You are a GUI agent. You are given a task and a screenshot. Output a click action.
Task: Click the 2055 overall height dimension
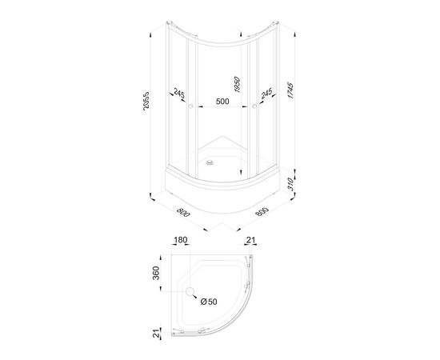[x=146, y=101]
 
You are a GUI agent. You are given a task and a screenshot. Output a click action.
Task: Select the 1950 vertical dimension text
[x=237, y=85]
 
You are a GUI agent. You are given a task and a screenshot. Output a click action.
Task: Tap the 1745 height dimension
[x=290, y=90]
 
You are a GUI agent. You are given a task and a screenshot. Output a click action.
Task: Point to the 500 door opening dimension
[x=222, y=102]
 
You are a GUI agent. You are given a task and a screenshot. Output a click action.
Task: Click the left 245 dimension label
[x=179, y=93]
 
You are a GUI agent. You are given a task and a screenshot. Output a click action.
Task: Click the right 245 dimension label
[x=266, y=93]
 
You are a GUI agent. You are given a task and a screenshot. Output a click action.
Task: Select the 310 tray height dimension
[x=290, y=184]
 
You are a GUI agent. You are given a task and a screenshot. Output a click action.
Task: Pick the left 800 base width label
[x=183, y=213]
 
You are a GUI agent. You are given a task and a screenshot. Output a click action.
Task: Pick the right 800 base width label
[x=262, y=211]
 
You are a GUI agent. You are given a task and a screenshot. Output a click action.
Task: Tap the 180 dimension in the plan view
[x=181, y=240]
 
